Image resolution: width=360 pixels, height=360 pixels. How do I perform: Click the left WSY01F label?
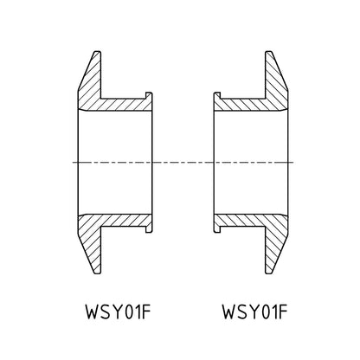119,312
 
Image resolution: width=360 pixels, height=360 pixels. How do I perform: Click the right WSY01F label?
255,312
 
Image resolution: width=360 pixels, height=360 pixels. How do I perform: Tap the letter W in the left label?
93,312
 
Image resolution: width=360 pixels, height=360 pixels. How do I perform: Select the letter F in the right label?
283,312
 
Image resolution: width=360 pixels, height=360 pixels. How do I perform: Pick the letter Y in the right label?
255,312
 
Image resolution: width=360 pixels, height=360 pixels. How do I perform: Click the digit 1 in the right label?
273,312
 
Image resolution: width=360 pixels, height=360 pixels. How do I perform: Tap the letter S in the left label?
106,312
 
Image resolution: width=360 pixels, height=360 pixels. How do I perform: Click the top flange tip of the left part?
98,52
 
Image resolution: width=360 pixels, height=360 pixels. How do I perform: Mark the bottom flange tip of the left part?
98,273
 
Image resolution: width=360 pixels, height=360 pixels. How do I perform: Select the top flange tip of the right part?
268,52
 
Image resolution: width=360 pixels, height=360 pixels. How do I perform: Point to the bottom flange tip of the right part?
268,273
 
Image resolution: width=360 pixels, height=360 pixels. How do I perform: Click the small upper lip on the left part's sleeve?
149,95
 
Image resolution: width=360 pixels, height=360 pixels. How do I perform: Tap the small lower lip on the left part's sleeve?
149,229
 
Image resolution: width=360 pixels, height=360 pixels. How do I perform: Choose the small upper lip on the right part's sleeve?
217,95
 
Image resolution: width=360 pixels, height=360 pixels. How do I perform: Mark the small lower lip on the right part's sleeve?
217,229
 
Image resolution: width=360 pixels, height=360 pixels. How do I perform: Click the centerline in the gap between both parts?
183,163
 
